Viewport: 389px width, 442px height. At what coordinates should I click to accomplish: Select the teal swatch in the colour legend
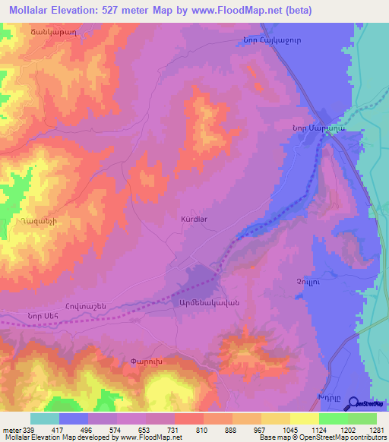click(45, 418)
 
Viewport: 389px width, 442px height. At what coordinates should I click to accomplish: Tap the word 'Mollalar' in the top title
click(35, 11)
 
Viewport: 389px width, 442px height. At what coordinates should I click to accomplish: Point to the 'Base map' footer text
click(274, 437)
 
